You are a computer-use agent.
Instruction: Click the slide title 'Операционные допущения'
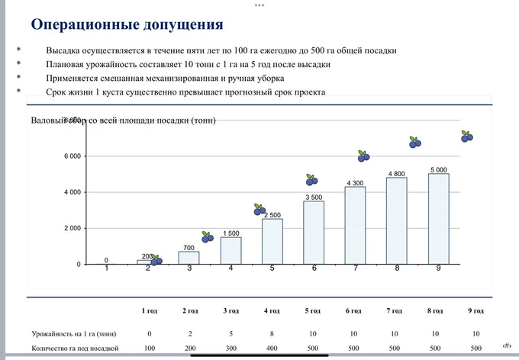[127, 24]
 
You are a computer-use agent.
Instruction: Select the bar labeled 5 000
[438, 219]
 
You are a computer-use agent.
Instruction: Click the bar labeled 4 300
[355, 226]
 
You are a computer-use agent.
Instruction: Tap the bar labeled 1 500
[230, 250]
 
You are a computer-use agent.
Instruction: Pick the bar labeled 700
[189, 258]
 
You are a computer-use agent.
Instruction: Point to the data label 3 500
[313, 197]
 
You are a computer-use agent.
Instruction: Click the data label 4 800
[396, 174]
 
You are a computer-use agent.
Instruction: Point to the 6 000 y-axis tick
[72, 156]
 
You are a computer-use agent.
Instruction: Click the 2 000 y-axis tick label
[72, 229]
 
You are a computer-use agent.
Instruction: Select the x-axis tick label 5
[272, 268]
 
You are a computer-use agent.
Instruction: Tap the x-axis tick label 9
[438, 268]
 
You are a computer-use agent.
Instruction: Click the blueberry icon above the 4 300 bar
[364, 156]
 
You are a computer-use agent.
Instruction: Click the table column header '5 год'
[314, 311]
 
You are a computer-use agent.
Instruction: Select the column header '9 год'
[476, 311]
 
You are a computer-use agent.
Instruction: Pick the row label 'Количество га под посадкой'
[76, 349]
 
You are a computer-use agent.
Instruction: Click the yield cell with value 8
[272, 334]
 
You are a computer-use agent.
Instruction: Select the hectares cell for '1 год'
[150, 349]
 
